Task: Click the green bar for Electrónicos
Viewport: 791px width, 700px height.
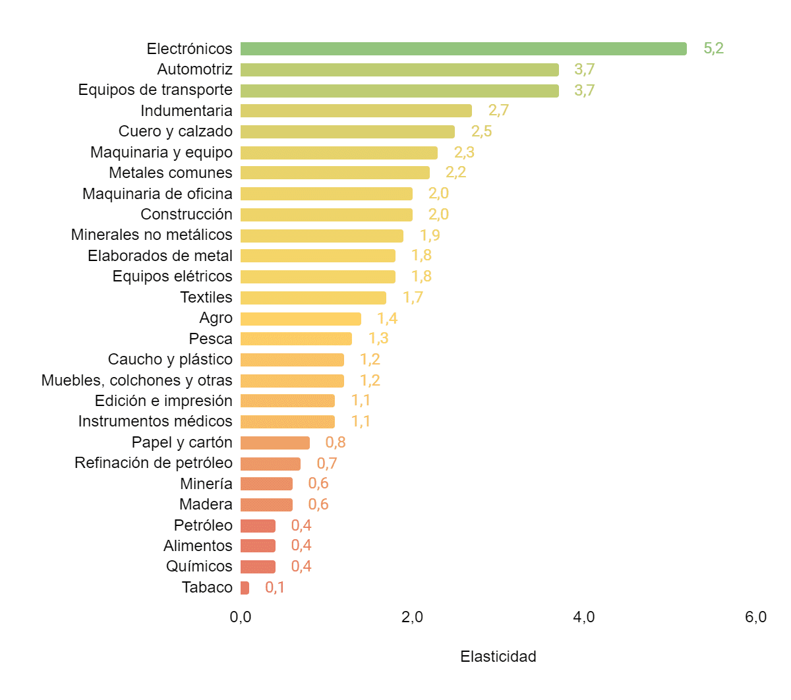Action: (x=463, y=49)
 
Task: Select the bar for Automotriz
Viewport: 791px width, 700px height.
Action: (x=399, y=70)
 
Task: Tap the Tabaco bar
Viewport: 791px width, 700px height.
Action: (x=245, y=588)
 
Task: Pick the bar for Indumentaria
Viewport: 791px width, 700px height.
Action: (x=356, y=111)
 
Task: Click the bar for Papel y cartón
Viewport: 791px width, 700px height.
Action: (x=275, y=443)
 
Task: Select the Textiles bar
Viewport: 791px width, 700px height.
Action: (x=313, y=298)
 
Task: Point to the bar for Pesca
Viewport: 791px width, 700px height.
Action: (x=296, y=339)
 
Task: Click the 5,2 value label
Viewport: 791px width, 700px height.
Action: (x=713, y=48)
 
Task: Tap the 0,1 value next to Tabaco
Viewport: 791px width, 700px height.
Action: (x=275, y=587)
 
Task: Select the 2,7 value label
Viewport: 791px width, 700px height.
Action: (x=498, y=110)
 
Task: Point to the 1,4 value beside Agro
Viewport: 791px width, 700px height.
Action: (x=387, y=318)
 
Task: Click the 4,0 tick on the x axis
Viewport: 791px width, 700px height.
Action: (x=584, y=617)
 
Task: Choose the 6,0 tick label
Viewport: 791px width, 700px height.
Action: (x=755, y=617)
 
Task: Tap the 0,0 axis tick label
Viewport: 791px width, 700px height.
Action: (x=241, y=617)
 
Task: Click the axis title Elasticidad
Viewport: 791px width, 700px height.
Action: (x=498, y=656)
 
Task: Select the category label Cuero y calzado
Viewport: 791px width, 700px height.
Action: (x=175, y=131)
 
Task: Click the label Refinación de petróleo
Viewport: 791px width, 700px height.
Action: (x=154, y=463)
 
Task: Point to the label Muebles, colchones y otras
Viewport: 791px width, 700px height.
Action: (x=137, y=380)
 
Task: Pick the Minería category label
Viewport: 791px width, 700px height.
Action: (x=206, y=484)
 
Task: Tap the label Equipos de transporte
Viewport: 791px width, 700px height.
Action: (x=156, y=90)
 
